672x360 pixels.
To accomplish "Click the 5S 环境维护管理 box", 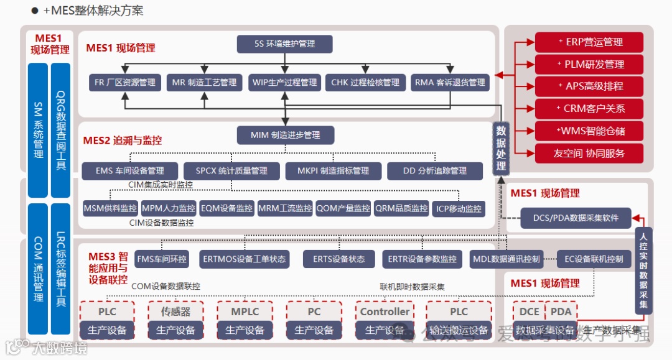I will (x=285, y=44).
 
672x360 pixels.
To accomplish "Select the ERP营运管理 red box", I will (x=589, y=42).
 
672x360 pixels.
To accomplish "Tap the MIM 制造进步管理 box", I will (x=285, y=135).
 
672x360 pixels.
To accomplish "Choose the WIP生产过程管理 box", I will (x=284, y=82).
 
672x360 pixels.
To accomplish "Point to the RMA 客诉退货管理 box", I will (x=449, y=82).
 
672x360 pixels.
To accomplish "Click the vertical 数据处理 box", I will (x=501, y=147).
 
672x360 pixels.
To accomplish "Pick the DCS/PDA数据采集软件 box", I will (x=576, y=218).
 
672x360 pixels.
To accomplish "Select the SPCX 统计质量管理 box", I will (x=231, y=170).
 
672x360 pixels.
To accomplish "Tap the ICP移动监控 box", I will (x=459, y=208).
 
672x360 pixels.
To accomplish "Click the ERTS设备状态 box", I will (x=339, y=259).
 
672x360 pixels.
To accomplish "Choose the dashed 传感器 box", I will (x=176, y=312).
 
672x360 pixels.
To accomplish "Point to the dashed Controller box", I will (x=385, y=312).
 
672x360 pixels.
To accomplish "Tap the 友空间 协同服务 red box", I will (x=589, y=153).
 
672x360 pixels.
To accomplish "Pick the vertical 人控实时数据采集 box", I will (x=643, y=270).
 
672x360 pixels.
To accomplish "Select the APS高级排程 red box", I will (x=589, y=86).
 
